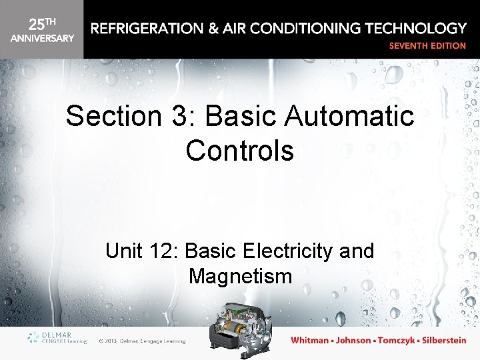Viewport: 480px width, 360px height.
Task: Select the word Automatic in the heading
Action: [349, 117]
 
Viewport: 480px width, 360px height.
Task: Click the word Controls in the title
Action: [240, 150]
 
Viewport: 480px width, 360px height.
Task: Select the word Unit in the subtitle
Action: [124, 251]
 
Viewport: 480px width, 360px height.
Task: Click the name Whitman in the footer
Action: [310, 341]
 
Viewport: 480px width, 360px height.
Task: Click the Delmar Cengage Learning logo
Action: [57, 339]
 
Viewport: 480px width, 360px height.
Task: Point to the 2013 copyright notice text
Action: [141, 341]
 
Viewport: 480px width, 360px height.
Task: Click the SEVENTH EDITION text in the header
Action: [427, 46]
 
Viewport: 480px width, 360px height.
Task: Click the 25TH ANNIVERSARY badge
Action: [41, 30]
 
